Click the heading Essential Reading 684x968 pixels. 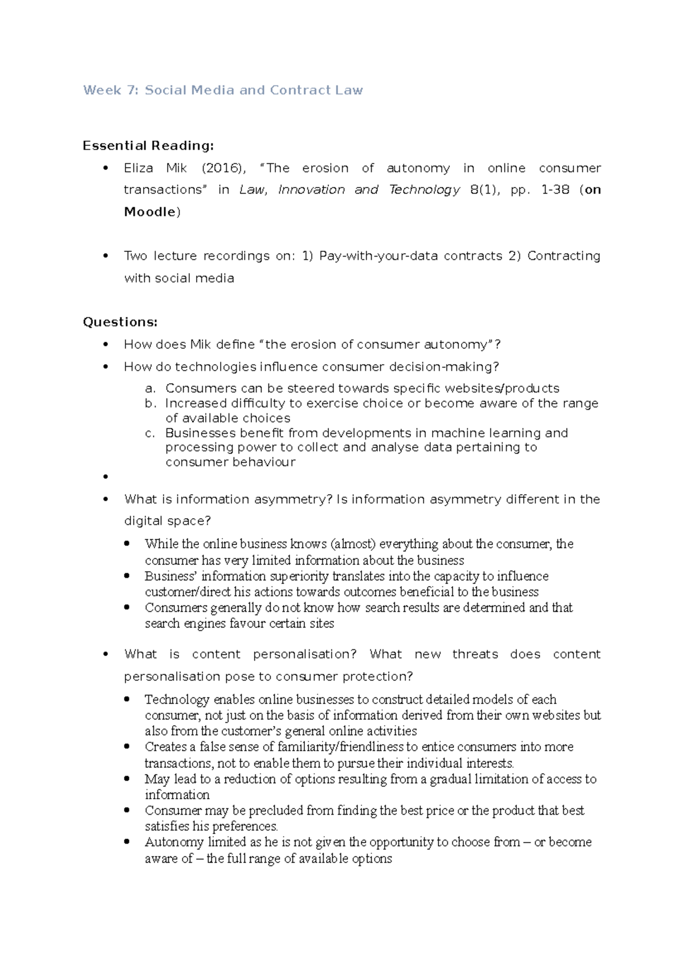tap(148, 146)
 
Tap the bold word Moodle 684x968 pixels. tap(150, 212)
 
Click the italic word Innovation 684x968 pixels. tap(311, 190)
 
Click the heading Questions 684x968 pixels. tap(120, 322)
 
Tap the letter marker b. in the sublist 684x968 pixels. tap(150, 404)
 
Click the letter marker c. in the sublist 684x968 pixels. tap(150, 433)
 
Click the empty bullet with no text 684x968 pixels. tap(105, 477)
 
